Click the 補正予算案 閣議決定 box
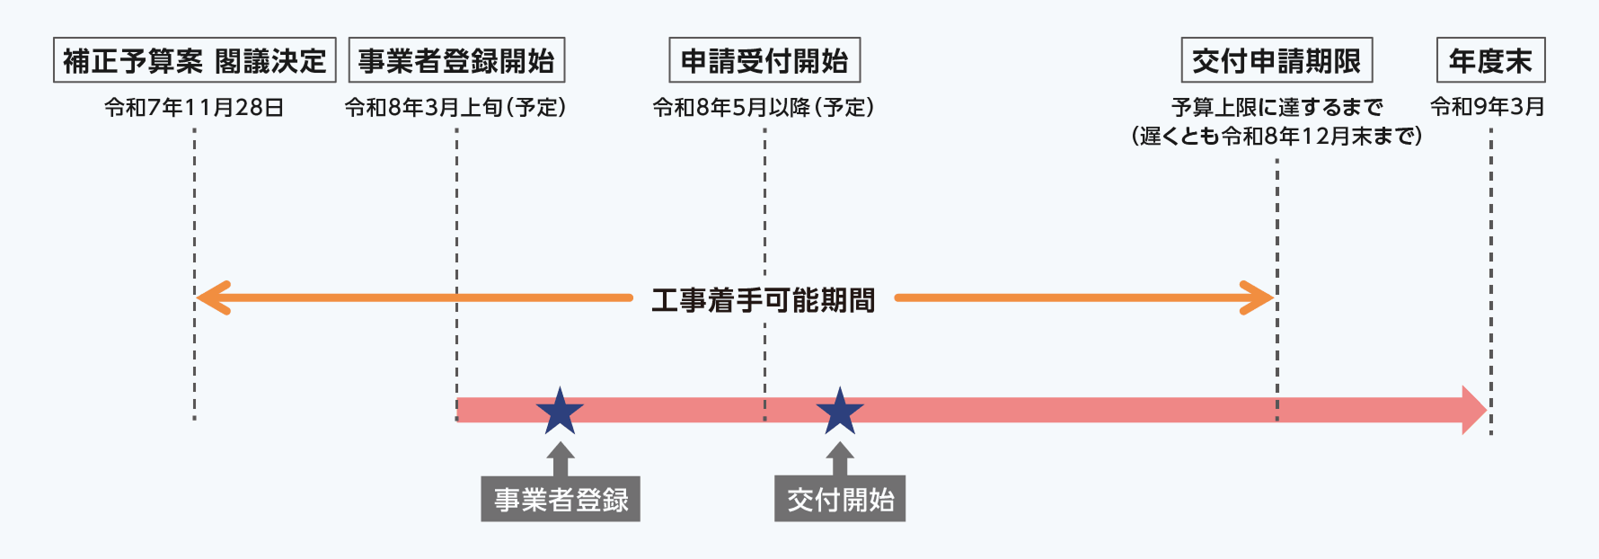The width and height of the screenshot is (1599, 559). [x=194, y=60]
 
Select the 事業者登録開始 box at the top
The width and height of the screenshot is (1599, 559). [x=456, y=60]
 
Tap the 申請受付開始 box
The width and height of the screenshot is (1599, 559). [x=764, y=60]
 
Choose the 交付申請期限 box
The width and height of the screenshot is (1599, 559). [x=1277, y=60]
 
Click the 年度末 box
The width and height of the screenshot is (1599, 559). [x=1490, y=60]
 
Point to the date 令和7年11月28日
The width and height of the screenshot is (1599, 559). [x=194, y=108]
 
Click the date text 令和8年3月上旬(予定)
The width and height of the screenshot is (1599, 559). [x=455, y=108]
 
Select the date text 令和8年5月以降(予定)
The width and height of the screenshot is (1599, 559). [x=764, y=108]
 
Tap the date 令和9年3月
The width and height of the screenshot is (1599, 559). [x=1488, y=107]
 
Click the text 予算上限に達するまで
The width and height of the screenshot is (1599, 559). [x=1277, y=108]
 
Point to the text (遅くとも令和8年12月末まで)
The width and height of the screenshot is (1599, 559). [x=1277, y=137]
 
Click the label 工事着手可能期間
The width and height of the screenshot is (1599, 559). [x=764, y=299]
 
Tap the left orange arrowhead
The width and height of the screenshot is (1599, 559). [x=210, y=297]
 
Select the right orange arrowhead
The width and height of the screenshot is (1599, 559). [x=1259, y=297]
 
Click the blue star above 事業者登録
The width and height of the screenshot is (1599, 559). [x=560, y=412]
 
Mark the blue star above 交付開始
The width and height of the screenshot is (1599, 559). [x=840, y=412]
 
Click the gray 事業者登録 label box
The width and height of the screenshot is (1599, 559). [x=561, y=499]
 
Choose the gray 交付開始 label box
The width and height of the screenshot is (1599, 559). [x=840, y=499]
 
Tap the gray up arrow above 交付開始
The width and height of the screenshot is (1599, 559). [x=840, y=457]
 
